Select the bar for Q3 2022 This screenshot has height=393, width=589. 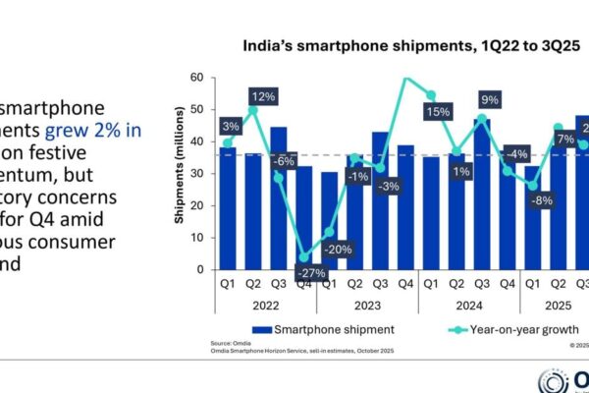pos(278,196)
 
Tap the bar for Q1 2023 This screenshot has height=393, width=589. pos(329,220)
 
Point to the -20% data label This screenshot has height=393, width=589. pos(338,249)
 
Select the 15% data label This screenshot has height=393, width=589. pos(438,114)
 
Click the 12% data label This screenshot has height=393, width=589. pos(261,96)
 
